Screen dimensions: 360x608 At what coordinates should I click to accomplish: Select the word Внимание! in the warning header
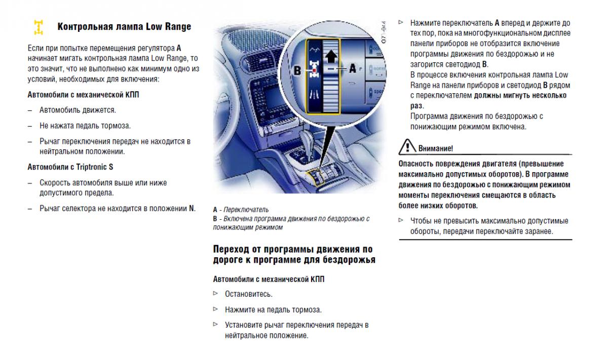[x=436, y=148]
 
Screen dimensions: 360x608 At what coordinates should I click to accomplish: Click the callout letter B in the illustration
[x=298, y=69]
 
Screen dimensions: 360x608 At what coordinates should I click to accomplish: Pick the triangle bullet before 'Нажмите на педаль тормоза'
[x=216, y=309]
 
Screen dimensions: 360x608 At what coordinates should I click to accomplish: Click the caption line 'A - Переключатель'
[x=241, y=209]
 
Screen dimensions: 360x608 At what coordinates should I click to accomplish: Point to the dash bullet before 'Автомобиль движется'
[x=30, y=110]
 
